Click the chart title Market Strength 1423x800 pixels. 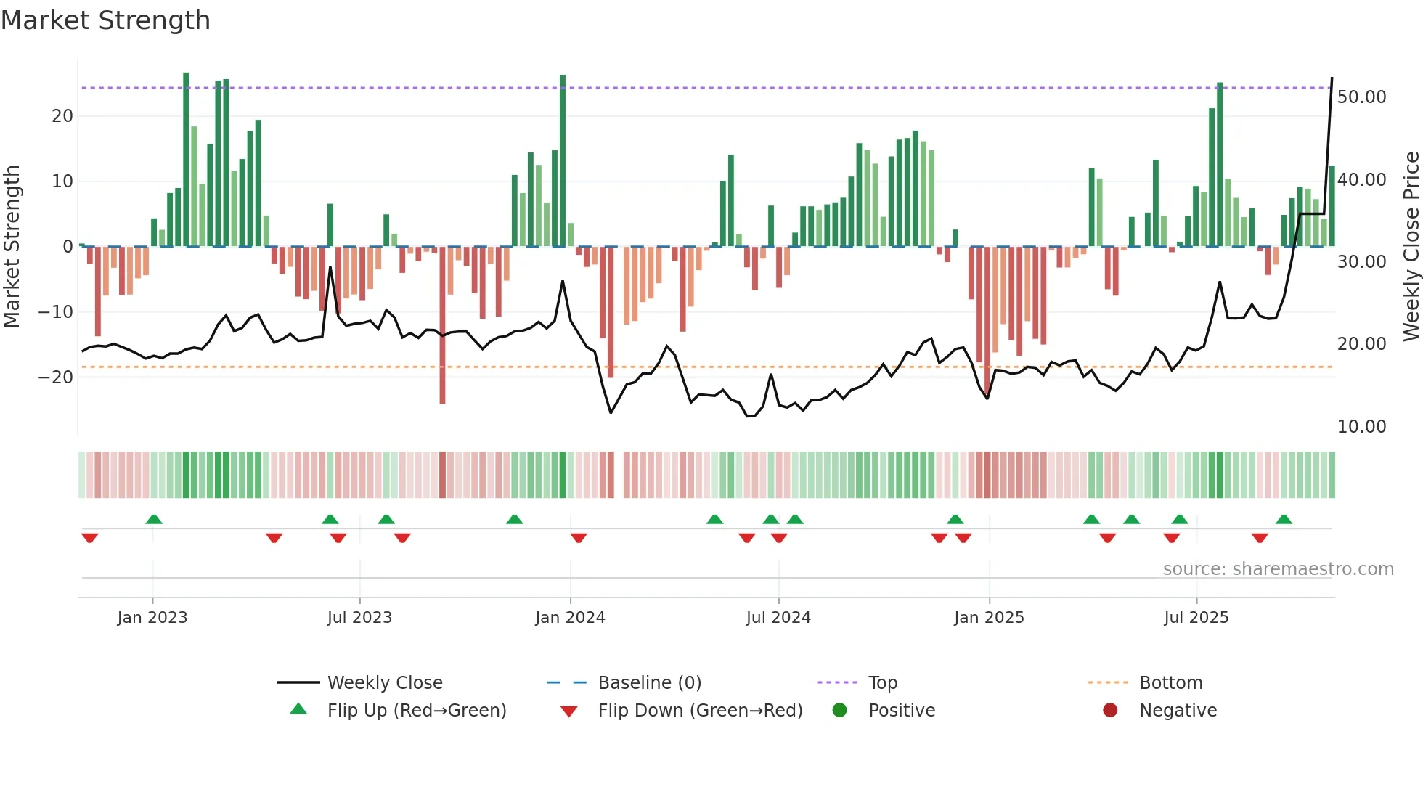[x=105, y=20]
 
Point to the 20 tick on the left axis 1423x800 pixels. [x=62, y=116]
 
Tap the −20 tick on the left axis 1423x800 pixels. [x=56, y=377]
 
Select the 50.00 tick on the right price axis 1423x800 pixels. [x=1361, y=97]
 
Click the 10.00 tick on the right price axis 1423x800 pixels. [x=1361, y=427]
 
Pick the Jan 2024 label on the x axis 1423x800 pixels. [x=570, y=618]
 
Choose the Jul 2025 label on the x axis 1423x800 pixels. [x=1196, y=618]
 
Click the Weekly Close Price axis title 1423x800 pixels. [x=1411, y=247]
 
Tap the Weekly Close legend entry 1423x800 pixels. [x=384, y=683]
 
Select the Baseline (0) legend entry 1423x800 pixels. [x=649, y=683]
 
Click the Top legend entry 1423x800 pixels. [x=882, y=683]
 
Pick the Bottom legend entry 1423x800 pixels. [x=1170, y=683]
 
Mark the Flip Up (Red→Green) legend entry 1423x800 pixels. [x=416, y=711]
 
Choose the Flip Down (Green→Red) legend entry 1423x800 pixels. [x=699, y=711]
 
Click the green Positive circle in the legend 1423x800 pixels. [x=840, y=710]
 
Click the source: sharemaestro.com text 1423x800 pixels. [x=1278, y=569]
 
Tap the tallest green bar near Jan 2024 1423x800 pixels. [x=563, y=160]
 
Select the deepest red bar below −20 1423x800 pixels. [x=442, y=327]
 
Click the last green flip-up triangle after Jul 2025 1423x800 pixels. [x=1284, y=520]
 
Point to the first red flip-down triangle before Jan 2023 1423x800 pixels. [x=90, y=538]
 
